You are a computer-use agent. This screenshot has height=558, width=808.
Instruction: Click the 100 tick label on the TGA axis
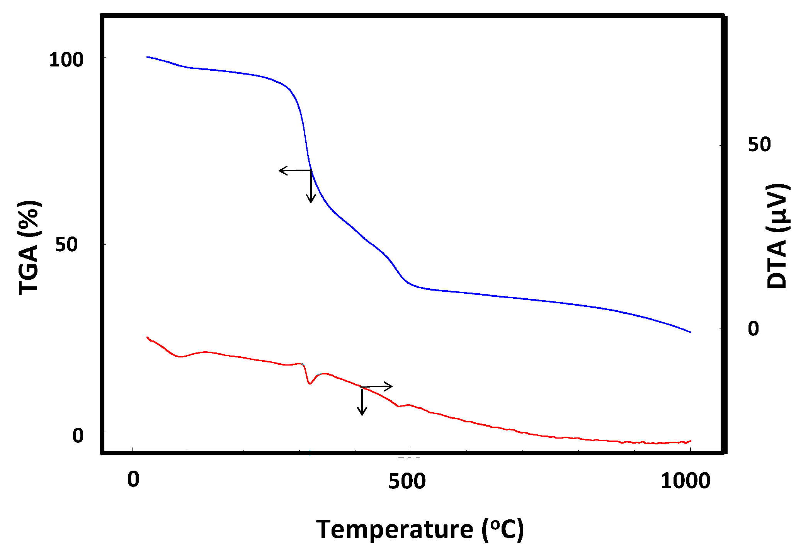[x=66, y=60]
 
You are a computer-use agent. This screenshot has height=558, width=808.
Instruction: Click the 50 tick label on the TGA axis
[x=66, y=245]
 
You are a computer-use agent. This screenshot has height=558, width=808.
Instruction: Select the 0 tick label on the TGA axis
[x=78, y=436]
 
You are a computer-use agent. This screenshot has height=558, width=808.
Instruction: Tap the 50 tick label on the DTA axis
[x=759, y=145]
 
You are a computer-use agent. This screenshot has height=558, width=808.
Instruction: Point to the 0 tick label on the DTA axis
[x=753, y=328]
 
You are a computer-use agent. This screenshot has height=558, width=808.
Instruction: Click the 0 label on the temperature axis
[x=133, y=480]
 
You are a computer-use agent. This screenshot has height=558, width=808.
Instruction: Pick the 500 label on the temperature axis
[x=407, y=481]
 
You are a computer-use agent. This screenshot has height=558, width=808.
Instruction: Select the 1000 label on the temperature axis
[x=685, y=481]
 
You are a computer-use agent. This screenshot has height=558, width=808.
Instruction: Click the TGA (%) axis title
[x=29, y=247]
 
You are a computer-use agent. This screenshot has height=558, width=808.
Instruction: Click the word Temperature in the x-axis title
[x=394, y=529]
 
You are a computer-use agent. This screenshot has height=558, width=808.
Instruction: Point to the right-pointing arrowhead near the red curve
[x=391, y=386]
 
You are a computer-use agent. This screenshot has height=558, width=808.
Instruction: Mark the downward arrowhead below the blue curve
[x=311, y=201]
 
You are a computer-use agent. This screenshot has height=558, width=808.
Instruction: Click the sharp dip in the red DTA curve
[x=310, y=383]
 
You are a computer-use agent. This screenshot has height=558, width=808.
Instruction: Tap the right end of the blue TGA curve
[x=690, y=332]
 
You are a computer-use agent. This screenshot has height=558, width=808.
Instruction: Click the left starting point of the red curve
[x=147, y=337]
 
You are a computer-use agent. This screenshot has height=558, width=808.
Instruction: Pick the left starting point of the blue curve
[x=147, y=57]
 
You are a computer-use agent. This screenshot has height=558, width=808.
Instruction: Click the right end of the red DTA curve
[x=691, y=441]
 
